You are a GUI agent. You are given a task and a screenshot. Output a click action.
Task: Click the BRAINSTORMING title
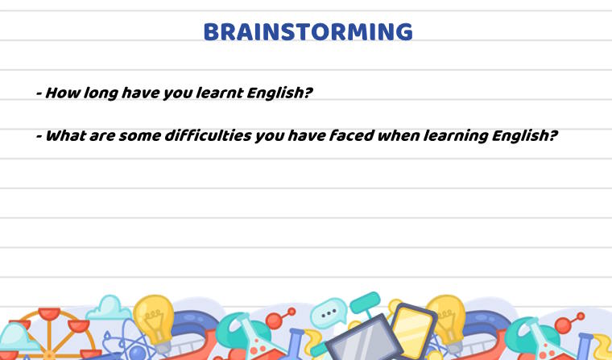click(x=308, y=32)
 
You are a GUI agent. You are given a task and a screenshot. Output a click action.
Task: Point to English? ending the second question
click(x=527, y=136)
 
